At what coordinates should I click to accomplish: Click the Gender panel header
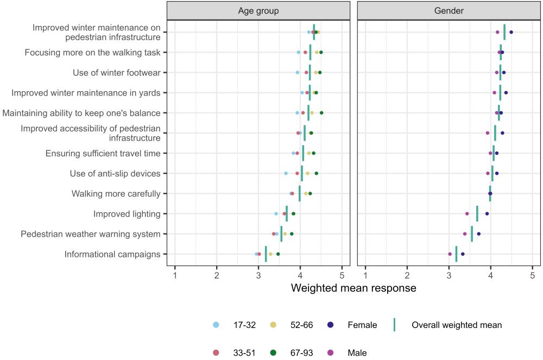pyautogui.click(x=449, y=11)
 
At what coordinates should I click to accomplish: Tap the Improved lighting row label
pyautogui.click(x=127, y=214)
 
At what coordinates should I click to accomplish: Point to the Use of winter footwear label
pyautogui.click(x=116, y=72)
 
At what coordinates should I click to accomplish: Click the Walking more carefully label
pyautogui.click(x=116, y=193)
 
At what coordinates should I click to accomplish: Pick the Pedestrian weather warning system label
pyautogui.click(x=91, y=234)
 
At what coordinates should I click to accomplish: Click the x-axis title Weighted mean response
pyautogui.click(x=353, y=288)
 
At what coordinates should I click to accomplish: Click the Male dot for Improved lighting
pyautogui.click(x=467, y=214)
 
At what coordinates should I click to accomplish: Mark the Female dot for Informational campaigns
pyautogui.click(x=463, y=254)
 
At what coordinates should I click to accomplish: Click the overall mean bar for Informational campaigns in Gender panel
pyautogui.click(x=456, y=254)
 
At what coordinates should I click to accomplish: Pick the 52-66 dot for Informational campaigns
pyautogui.click(x=270, y=254)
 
